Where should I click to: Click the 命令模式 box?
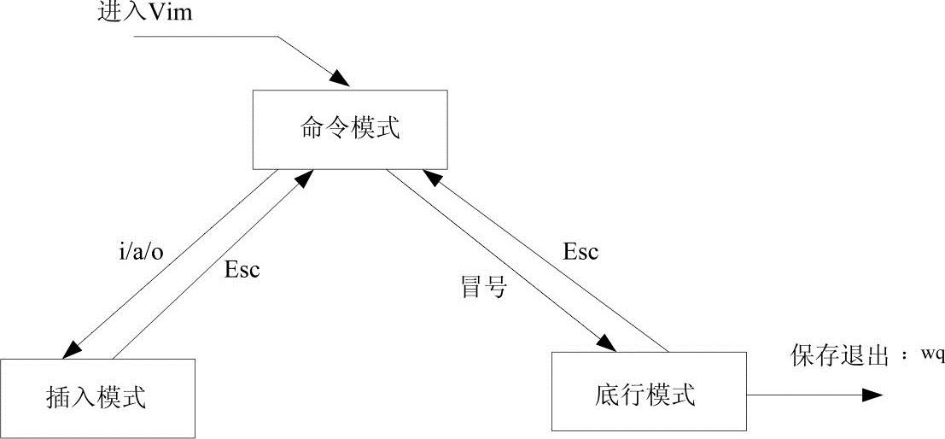click(350, 127)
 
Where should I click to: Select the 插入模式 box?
click(97, 396)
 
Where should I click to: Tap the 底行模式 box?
click(648, 393)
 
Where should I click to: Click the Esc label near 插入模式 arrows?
click(241, 270)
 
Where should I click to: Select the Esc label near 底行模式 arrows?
click(580, 251)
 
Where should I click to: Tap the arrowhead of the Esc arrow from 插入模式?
click(302, 178)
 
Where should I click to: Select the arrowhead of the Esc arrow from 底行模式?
click(431, 178)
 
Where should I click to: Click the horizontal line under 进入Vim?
click(205, 36)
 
